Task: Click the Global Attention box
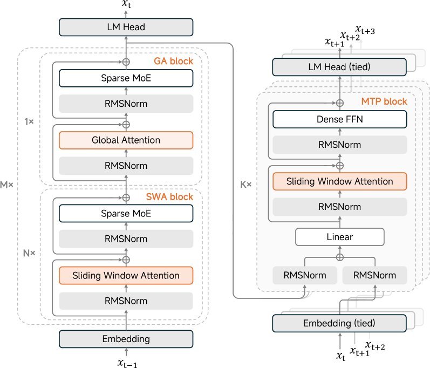pos(126,140)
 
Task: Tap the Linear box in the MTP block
pos(339,237)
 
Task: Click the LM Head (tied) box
pos(339,67)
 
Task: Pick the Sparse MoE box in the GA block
pos(126,78)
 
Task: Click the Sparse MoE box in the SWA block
pos(126,214)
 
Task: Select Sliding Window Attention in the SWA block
pos(126,276)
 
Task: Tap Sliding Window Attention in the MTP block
pos(339,181)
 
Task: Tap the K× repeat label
pos(245,185)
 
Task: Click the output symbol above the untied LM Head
pos(126,6)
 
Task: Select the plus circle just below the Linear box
pos(339,257)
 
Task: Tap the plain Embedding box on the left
pos(126,339)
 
